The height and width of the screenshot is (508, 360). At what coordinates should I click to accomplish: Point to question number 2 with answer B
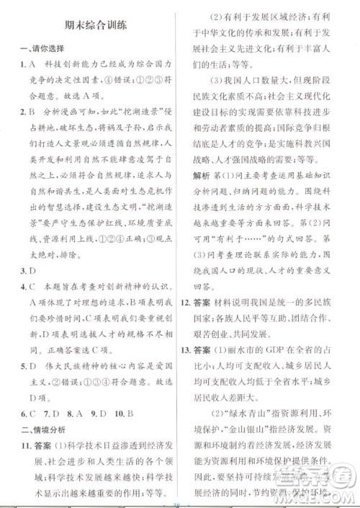click(22, 112)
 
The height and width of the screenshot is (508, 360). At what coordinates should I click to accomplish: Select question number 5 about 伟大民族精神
click(22, 366)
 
